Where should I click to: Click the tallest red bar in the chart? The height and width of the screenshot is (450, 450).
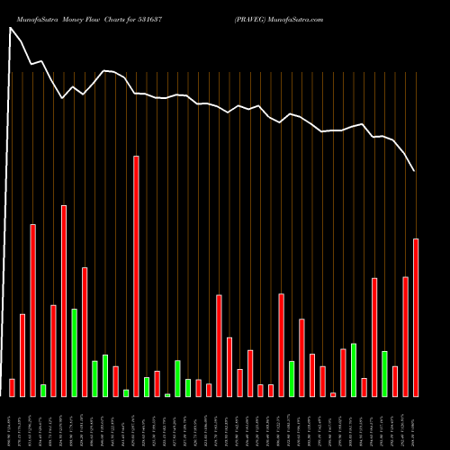[x=136, y=275]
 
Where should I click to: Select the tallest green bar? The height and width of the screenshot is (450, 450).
[x=74, y=352]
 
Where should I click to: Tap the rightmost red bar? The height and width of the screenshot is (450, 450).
[x=416, y=317]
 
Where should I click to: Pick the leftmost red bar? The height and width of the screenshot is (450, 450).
[x=12, y=387]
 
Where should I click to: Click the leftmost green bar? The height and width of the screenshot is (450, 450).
[x=43, y=390]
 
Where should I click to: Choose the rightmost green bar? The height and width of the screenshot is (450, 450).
[x=384, y=373]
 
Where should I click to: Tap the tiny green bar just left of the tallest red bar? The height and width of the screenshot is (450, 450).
[x=126, y=392]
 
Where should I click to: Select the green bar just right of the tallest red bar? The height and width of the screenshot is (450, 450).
[x=147, y=386]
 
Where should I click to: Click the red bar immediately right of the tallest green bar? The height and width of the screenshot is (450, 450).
[x=85, y=331]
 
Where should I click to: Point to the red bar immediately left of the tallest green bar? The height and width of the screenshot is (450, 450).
[x=64, y=301]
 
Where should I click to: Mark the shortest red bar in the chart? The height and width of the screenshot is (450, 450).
[x=333, y=394]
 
